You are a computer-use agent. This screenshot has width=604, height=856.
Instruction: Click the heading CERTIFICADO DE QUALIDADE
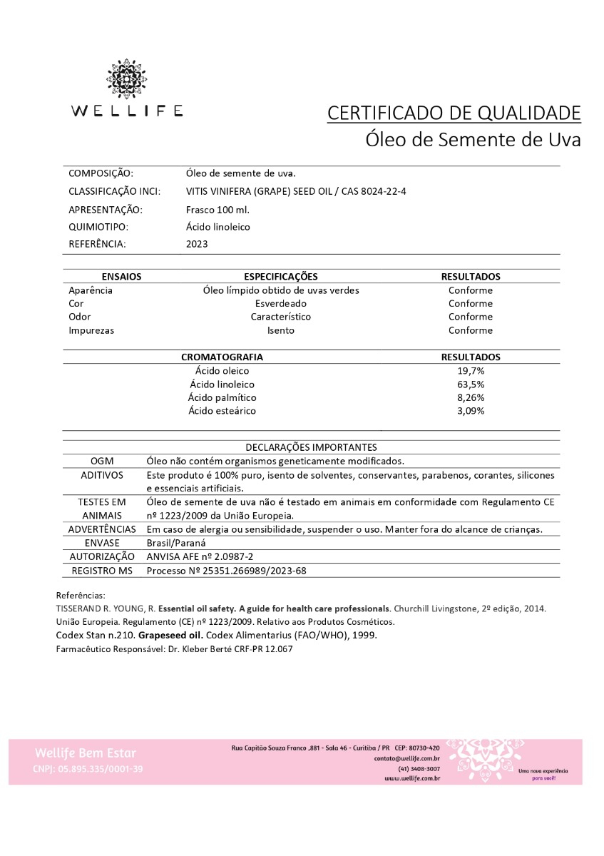(454, 113)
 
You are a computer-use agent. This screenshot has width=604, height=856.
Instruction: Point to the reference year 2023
(197, 244)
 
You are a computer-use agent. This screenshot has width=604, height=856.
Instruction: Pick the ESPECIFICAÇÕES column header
(280, 277)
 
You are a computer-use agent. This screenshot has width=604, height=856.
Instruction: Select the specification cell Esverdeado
(280, 304)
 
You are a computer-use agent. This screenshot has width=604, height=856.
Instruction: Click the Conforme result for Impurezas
(470, 331)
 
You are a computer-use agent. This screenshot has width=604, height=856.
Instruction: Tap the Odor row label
(81, 317)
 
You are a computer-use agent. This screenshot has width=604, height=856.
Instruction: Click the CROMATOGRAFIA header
(222, 357)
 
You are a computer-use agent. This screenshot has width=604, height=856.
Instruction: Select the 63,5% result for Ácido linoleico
(471, 384)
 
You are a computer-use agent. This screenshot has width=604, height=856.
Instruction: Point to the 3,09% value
(471, 412)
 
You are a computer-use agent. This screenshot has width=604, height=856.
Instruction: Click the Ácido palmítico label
(222, 398)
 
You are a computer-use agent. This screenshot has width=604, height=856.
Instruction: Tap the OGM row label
(102, 462)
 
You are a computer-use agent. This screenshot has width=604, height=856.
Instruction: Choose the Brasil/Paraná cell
(175, 543)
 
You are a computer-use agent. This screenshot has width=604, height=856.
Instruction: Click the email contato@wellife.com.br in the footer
(406, 759)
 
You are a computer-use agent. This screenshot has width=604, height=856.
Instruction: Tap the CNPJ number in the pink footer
(88, 769)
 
